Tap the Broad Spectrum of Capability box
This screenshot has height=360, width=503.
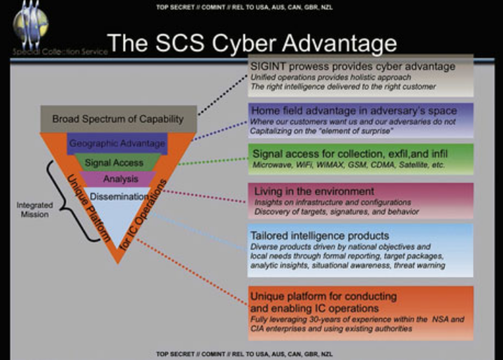click(118, 119)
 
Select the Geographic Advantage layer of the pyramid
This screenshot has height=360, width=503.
click(117, 144)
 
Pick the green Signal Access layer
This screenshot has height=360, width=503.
click(114, 163)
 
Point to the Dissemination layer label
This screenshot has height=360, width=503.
click(118, 196)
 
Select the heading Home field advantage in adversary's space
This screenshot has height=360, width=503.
click(353, 111)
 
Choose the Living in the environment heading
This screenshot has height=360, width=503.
click(304, 191)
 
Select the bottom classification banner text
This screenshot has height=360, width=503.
click(251, 354)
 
